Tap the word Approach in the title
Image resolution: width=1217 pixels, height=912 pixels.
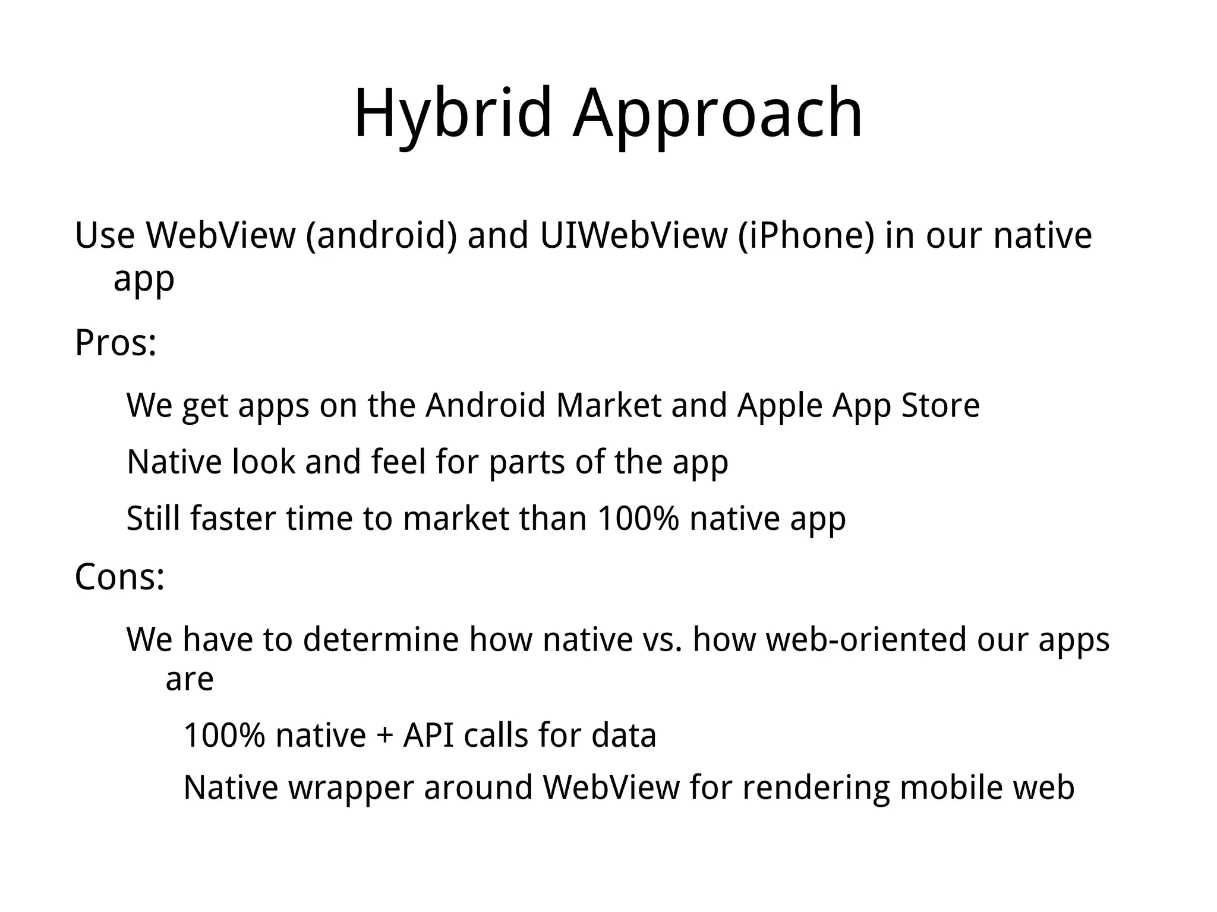[x=718, y=114]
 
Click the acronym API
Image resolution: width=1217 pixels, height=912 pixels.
[x=428, y=735]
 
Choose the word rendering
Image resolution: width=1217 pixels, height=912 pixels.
[x=816, y=788]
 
